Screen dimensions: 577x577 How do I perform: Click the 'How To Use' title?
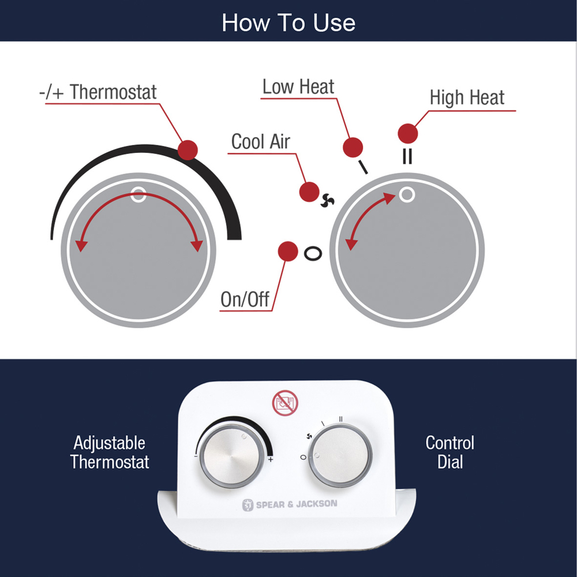pos(288,23)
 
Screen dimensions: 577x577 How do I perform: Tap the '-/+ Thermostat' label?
pos(98,92)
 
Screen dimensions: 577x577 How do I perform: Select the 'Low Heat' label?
pos(298,87)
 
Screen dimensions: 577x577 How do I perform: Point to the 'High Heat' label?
pos(467,98)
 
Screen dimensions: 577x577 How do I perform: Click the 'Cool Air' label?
pos(261,141)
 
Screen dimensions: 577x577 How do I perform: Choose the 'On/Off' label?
pos(245,299)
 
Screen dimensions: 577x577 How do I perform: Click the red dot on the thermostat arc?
pos(188,150)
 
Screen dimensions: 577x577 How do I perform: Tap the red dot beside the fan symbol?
pos(309,192)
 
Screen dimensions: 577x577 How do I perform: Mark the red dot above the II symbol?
pos(408,133)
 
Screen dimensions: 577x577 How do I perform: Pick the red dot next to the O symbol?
pos(288,252)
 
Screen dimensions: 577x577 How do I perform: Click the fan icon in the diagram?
pos(327,200)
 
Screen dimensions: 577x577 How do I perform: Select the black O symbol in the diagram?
pos(313,253)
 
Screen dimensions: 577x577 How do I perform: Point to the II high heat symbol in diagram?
pos(407,156)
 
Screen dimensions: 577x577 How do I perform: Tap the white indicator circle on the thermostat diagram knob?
pos(138,194)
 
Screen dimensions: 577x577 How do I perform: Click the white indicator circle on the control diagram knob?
pos(407,194)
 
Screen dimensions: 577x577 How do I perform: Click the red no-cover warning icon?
pos(285,403)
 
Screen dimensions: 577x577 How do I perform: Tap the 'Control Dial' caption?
pos(449,452)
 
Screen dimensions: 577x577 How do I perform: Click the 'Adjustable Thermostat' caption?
pos(110,452)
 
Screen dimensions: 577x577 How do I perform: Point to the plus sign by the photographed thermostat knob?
pos(271,460)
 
